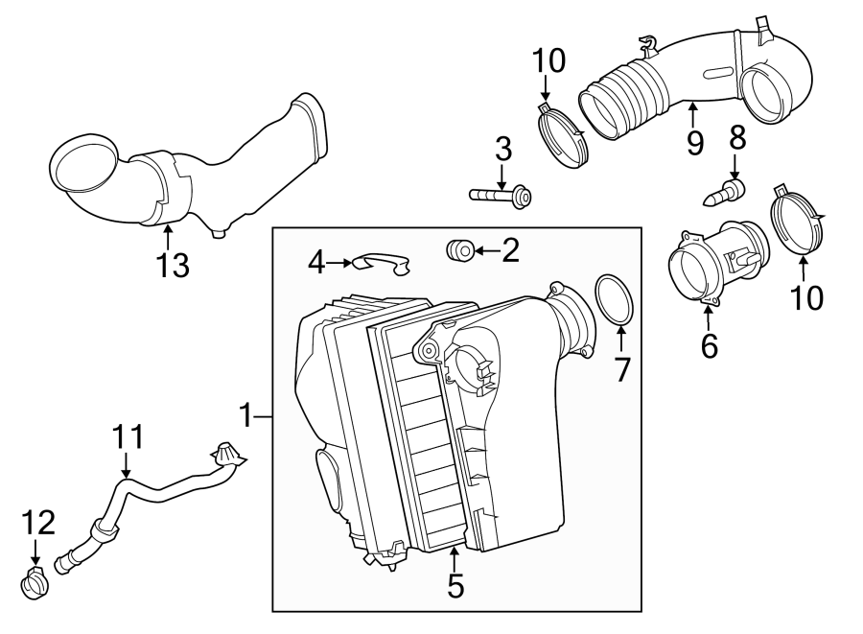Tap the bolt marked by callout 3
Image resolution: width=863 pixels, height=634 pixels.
(x=501, y=196)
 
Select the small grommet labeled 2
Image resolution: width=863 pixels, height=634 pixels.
(x=458, y=251)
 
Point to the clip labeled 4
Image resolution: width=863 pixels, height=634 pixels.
(x=380, y=261)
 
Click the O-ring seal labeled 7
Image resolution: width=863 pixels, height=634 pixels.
(x=614, y=298)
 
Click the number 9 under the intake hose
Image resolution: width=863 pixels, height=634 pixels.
(x=694, y=143)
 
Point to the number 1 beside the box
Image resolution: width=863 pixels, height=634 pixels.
(x=246, y=416)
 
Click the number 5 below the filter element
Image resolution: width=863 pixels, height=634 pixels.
(x=455, y=585)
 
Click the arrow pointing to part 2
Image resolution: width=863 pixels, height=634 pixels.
(x=486, y=251)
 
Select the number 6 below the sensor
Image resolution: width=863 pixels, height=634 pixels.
(x=709, y=345)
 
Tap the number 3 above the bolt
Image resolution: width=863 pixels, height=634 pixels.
(x=502, y=150)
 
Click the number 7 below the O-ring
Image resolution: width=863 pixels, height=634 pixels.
(x=622, y=368)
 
